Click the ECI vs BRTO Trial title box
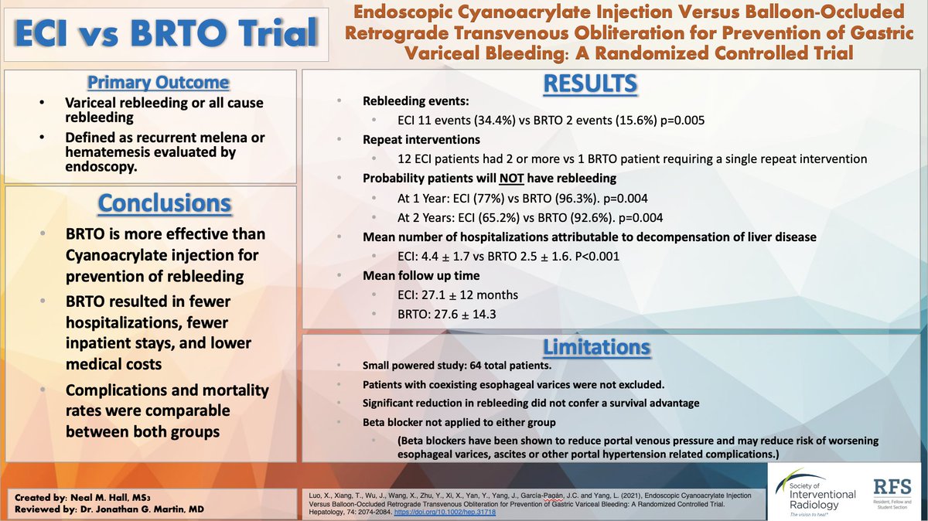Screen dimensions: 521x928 (x=165, y=33)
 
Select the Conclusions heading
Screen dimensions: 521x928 (x=165, y=203)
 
